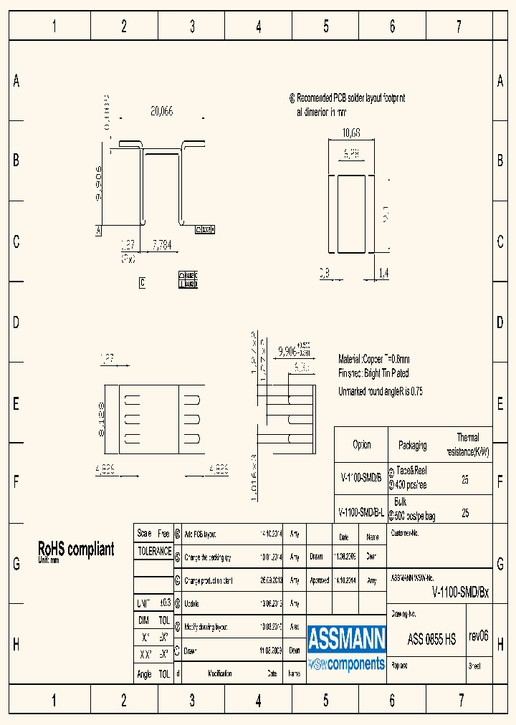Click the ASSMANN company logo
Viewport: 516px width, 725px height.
point(347,648)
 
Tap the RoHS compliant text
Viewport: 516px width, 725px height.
point(75,549)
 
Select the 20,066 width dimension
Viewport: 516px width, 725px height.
point(161,111)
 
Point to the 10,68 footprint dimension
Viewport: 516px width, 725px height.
point(351,133)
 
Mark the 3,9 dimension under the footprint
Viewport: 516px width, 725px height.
point(324,273)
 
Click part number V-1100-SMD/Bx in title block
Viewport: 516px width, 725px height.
point(460,592)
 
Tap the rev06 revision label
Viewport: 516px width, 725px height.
point(478,636)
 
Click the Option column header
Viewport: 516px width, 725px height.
point(361,445)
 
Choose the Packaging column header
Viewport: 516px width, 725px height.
point(412,445)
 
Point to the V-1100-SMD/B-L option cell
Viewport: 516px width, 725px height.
point(360,514)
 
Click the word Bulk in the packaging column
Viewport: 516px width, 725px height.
point(400,503)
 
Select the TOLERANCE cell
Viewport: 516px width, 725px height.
point(154,552)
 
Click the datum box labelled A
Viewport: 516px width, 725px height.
point(98,230)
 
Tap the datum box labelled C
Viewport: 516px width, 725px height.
point(142,282)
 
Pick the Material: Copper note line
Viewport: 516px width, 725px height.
point(373,359)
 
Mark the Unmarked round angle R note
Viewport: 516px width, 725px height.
point(379,391)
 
